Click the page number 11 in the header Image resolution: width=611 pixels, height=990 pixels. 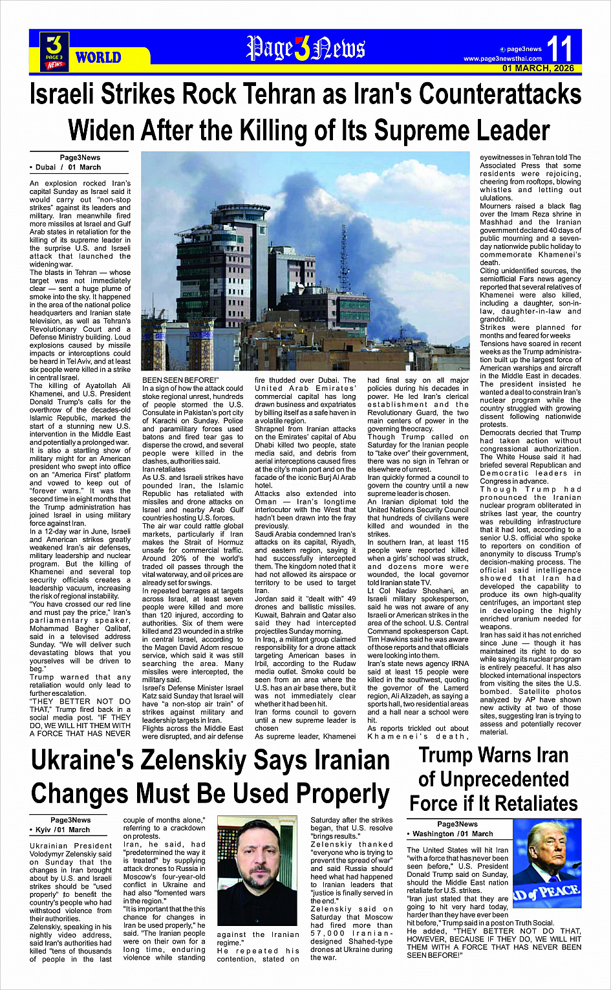[560, 48]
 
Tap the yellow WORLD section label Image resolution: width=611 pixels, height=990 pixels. [98, 58]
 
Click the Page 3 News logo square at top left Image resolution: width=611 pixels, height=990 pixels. [54, 51]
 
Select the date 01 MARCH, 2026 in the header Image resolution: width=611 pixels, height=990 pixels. [538, 69]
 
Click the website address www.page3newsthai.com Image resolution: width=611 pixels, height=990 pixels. [502, 59]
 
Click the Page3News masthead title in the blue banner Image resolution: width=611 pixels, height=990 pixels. [305, 48]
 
